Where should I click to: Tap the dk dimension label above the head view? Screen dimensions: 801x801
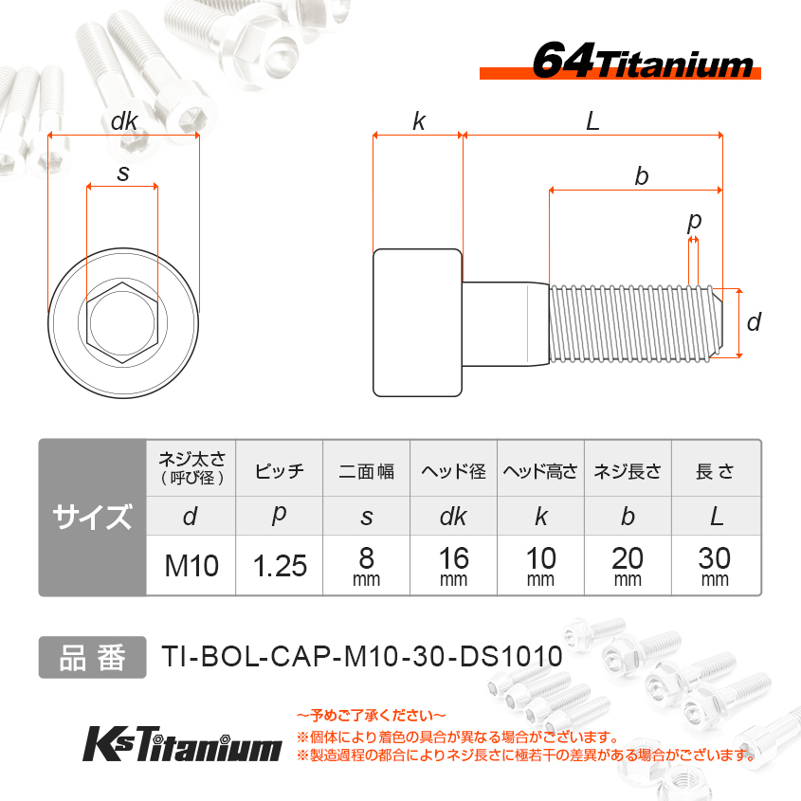(x=124, y=121)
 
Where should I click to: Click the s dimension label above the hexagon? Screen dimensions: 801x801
(x=123, y=173)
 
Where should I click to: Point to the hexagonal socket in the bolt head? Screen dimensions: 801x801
(x=122, y=322)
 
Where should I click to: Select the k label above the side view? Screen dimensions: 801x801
(x=419, y=121)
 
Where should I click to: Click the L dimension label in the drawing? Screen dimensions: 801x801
(x=592, y=121)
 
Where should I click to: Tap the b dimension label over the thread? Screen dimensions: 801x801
(x=642, y=176)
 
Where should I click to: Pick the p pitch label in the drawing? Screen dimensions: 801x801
(x=694, y=222)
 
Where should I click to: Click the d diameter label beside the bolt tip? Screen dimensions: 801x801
(x=754, y=322)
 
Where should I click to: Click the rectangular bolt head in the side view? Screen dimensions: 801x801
(x=418, y=322)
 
